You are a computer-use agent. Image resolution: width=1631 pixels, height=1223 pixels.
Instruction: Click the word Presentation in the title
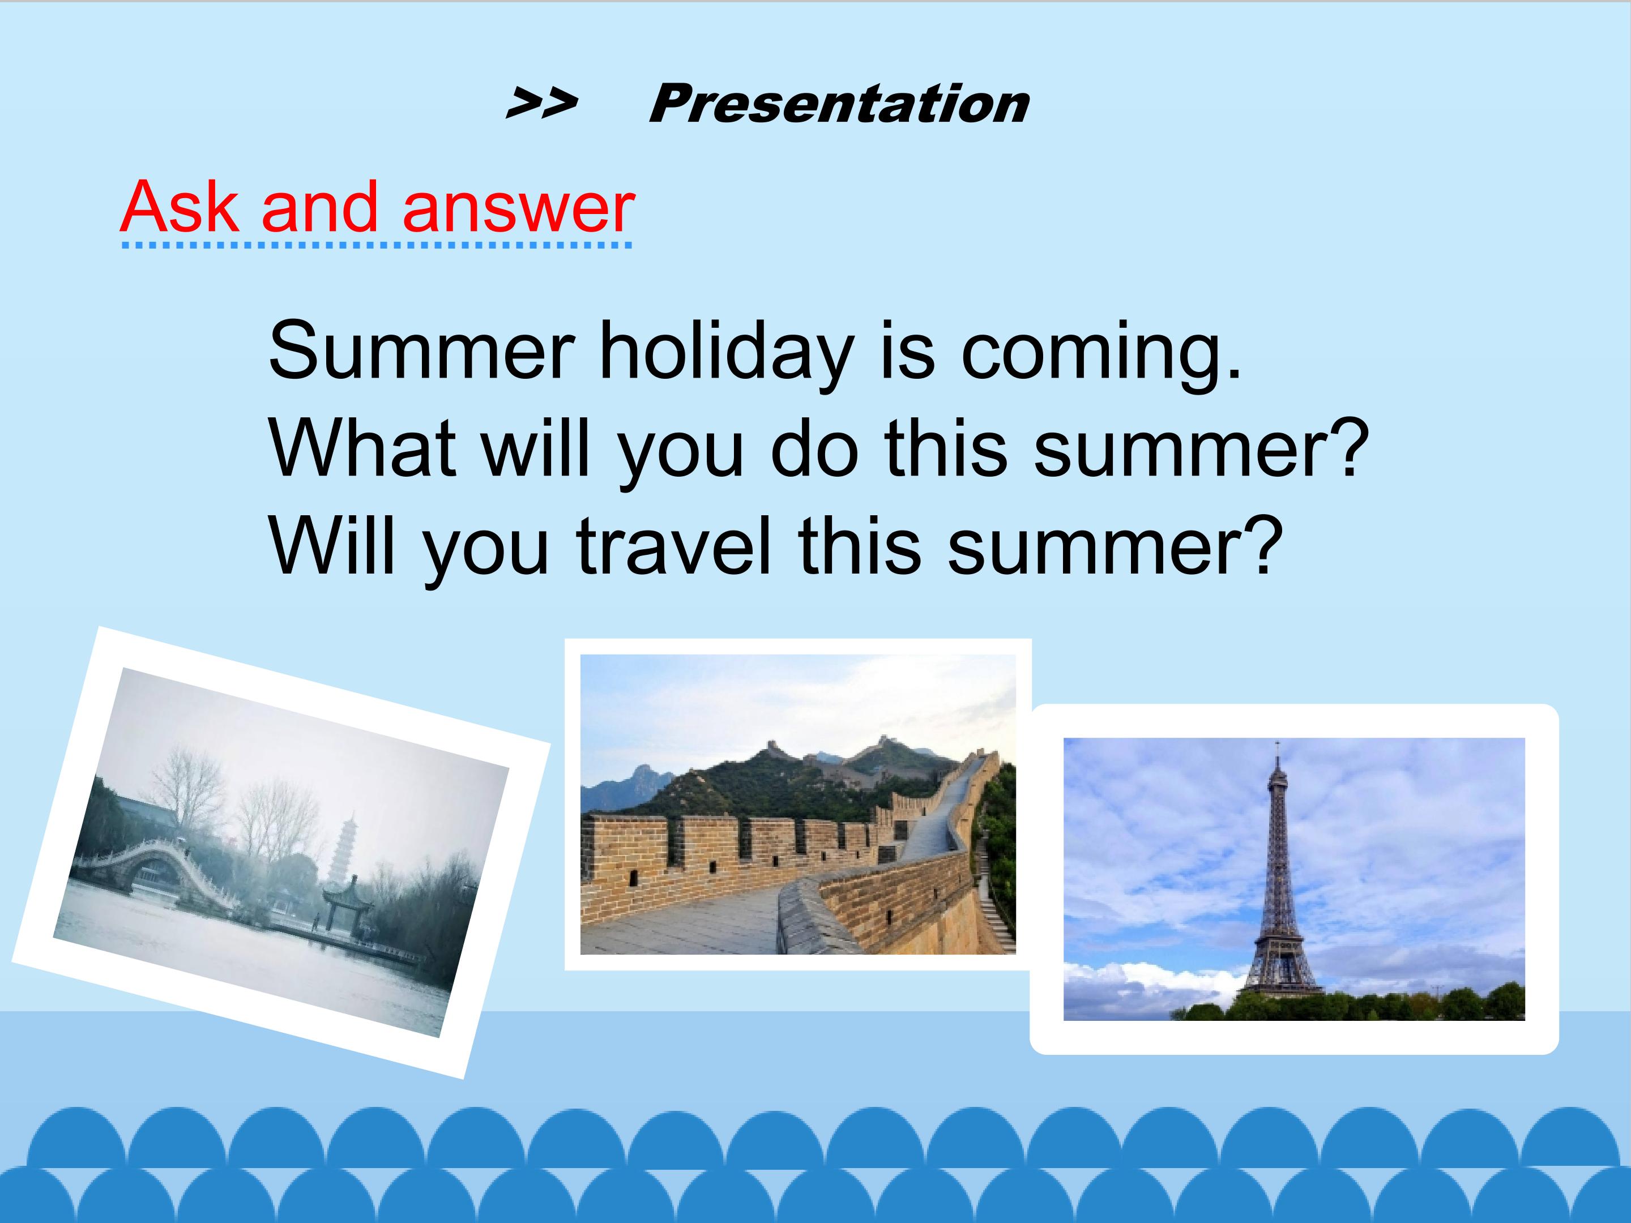839,104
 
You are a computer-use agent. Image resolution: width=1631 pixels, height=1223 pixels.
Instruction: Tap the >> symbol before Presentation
541,104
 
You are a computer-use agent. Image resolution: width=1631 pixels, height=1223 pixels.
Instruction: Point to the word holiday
726,352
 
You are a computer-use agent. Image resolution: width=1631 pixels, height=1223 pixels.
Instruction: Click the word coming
1101,352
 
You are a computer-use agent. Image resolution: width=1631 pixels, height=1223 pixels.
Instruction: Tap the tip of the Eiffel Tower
1277,742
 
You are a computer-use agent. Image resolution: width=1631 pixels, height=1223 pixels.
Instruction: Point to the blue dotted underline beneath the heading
376,245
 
